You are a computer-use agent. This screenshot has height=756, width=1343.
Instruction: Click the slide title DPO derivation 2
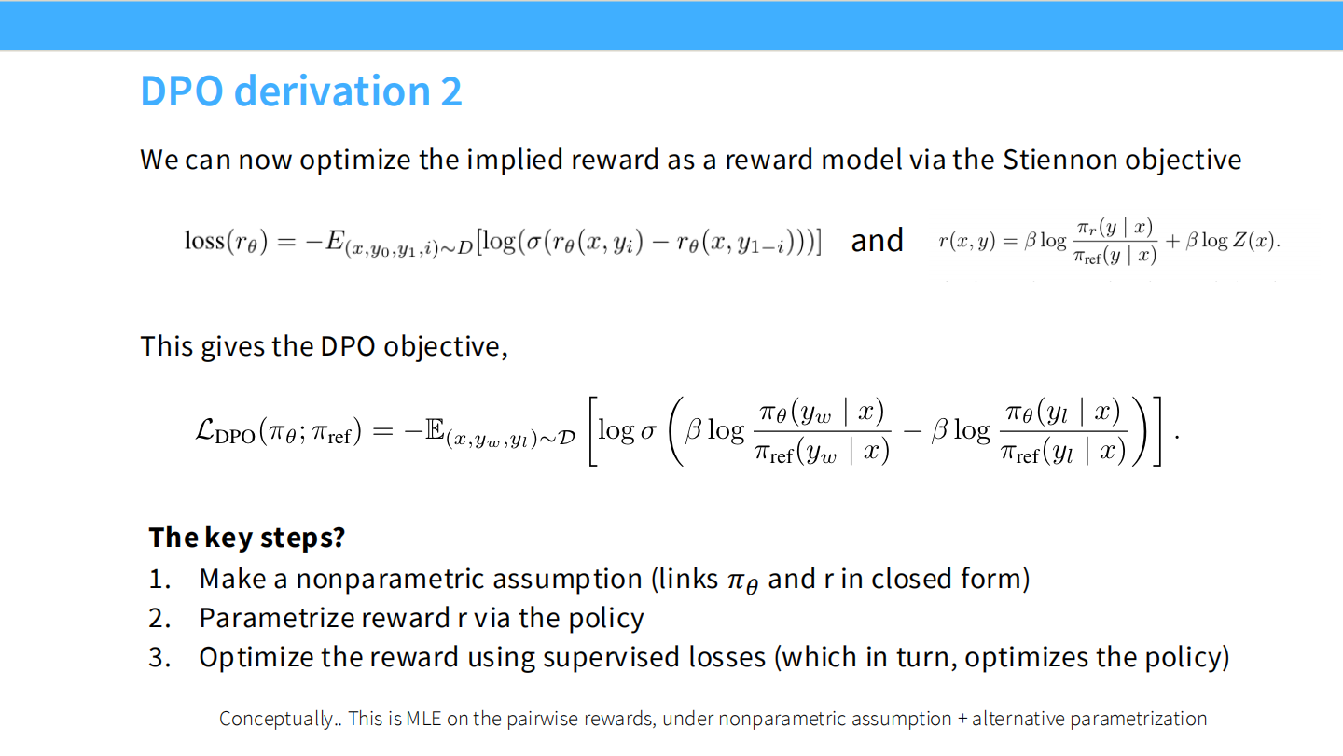[x=300, y=91]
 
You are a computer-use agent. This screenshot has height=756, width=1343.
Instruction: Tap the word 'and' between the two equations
[x=877, y=241]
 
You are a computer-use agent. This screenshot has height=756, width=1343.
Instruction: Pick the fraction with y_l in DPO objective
[x=1062, y=431]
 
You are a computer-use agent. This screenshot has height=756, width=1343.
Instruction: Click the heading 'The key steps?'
[x=246, y=538]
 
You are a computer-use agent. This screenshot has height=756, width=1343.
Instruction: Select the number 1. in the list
[x=159, y=580]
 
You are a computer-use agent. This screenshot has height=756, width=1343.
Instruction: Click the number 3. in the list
[x=159, y=658]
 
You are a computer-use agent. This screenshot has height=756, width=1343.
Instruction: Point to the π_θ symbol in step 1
[x=742, y=581]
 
